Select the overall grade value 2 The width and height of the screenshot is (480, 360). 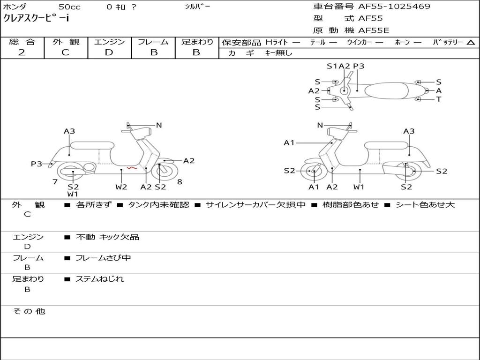coord(22,52)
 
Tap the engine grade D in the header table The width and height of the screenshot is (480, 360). coord(109,52)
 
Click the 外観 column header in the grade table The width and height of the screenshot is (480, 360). coord(66,42)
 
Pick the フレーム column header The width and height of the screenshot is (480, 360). coord(153,42)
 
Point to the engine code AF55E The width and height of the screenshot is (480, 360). coord(373,31)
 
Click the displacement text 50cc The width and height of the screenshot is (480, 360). coord(69,7)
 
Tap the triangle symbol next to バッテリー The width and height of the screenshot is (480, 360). coord(471,43)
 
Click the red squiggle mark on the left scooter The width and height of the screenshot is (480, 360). coord(132,168)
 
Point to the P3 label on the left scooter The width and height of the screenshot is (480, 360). coord(37,164)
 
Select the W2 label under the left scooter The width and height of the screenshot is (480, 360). coord(121,187)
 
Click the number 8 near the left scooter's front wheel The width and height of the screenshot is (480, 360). coord(180,182)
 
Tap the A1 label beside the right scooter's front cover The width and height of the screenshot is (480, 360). coord(289,142)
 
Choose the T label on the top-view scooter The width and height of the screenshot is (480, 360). coord(439,99)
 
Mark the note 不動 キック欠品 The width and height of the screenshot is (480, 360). coord(107,237)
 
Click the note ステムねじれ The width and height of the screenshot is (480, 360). coord(99,279)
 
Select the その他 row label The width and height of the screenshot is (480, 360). coord(29,311)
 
